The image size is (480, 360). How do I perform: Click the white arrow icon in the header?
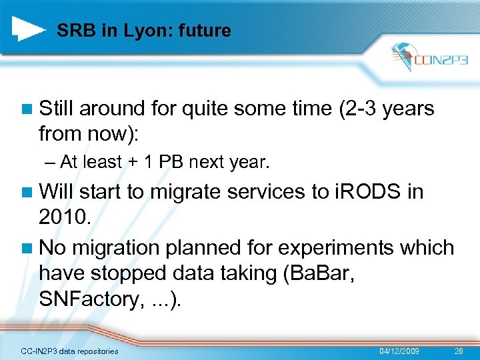pos(29,27)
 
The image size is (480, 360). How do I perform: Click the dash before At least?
pos(53,162)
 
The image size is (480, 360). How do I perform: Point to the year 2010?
pos(63,218)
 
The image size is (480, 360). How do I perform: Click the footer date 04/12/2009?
pos(399,351)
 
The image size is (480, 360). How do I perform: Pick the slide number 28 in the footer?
pos(458,351)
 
